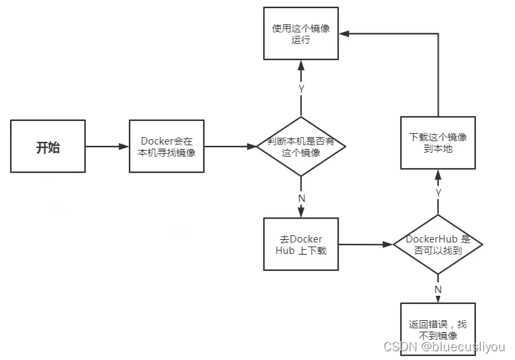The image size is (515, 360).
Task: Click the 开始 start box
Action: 48,146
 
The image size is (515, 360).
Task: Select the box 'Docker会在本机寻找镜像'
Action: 167,147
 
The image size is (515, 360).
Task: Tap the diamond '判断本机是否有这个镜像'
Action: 301,146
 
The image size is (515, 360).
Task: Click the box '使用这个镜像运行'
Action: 301,34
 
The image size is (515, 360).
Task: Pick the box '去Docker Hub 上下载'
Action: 301,244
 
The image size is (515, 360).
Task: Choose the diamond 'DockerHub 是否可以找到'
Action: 438,245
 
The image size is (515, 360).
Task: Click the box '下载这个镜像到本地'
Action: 438,142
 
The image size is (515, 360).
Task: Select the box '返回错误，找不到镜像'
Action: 438,329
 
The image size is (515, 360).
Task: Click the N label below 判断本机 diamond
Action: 301,199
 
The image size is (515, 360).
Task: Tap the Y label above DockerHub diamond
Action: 438,192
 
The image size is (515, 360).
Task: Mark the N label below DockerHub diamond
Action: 438,289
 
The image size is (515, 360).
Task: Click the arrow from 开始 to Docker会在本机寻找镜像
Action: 107,146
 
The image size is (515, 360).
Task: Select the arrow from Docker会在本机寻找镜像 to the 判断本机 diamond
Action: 230,146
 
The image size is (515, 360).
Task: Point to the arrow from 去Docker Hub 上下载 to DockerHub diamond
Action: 365,244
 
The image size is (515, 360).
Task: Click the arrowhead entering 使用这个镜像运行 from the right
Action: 345,33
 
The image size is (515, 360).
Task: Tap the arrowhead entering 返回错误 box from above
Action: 438,299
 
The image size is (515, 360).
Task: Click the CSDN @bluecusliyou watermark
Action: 443,347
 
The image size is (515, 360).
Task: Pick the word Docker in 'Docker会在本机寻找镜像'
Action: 157,141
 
